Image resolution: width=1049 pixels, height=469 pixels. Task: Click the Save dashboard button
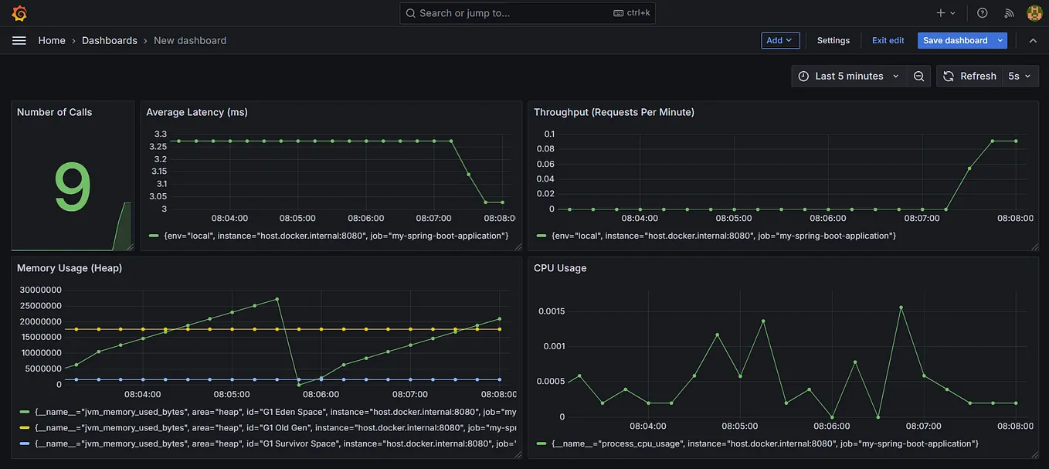pos(955,40)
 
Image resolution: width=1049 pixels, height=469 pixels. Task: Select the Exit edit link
pos(888,40)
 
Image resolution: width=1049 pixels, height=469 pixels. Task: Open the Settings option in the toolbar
pos(833,40)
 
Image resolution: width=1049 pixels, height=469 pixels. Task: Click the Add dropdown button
pos(779,40)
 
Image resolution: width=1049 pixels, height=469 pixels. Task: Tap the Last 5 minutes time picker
pos(848,76)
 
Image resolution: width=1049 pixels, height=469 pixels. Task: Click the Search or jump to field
pos(527,13)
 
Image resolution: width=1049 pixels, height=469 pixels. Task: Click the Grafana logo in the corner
pos(19,13)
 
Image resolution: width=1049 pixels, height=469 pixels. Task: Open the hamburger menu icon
pos(19,40)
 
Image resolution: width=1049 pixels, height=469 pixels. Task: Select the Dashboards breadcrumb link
pos(109,40)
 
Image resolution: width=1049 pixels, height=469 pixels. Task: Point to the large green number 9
pos(73,188)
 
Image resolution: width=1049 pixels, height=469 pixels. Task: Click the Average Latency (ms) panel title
pos(197,112)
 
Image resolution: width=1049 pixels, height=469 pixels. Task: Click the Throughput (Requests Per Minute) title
pos(614,112)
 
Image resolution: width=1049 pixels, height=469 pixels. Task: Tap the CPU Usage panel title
pos(560,268)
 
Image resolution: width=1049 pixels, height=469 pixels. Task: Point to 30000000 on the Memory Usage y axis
pos(41,290)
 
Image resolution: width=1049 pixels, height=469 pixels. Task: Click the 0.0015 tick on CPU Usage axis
pos(551,311)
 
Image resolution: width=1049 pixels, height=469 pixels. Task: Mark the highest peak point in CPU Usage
pos(901,308)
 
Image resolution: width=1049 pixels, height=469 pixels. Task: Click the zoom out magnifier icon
pos(918,76)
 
